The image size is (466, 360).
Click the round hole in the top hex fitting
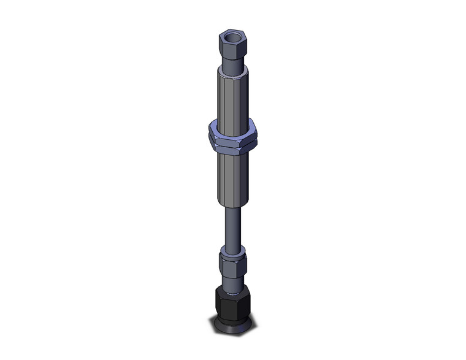point(231,37)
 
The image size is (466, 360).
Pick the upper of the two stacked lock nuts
point(234,131)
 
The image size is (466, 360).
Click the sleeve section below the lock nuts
point(233,178)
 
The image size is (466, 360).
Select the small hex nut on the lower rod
point(232,263)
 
